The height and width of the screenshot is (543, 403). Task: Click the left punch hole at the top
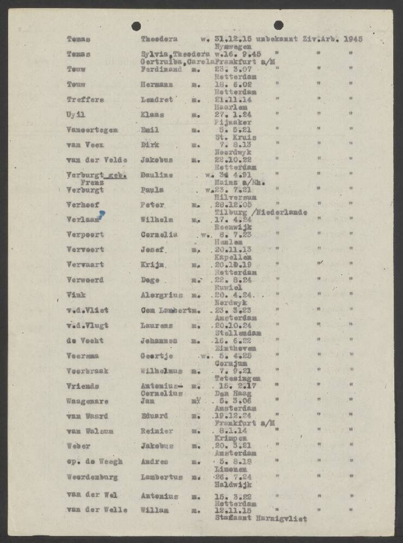click(x=136, y=26)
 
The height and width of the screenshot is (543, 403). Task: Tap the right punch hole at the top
click(x=278, y=24)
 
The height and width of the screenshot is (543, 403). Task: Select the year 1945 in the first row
click(x=354, y=39)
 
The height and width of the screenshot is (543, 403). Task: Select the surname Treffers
click(x=85, y=100)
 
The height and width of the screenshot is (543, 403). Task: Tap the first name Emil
click(x=149, y=130)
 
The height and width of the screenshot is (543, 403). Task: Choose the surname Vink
click(x=75, y=295)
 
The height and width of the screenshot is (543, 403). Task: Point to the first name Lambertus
click(x=162, y=477)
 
